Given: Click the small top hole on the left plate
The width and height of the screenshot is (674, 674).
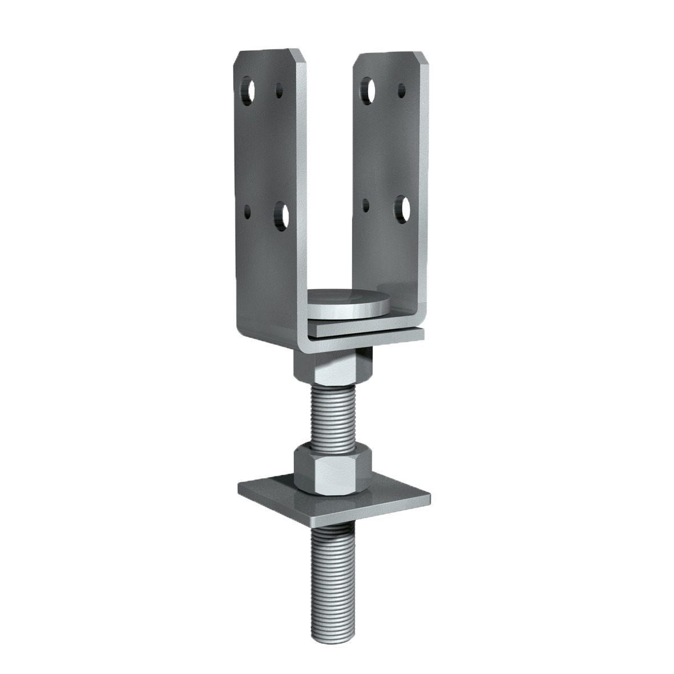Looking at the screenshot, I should [x=280, y=90].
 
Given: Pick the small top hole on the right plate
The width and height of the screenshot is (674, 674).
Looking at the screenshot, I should [x=401, y=90].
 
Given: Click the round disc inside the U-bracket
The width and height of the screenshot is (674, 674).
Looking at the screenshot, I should [x=349, y=302].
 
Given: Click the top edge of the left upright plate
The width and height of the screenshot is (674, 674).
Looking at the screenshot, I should [x=268, y=51].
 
